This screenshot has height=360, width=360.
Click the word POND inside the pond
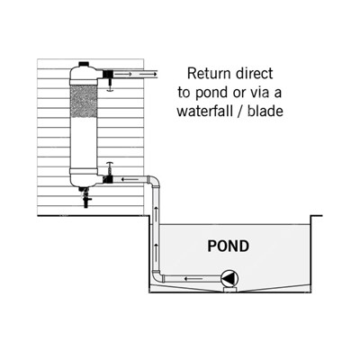[229, 246]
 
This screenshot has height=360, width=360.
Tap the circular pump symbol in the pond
[229, 279]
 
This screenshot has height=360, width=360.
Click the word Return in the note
[209, 74]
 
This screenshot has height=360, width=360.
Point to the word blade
[265, 112]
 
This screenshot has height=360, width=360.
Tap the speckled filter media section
[84, 101]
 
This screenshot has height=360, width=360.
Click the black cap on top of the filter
[84, 64]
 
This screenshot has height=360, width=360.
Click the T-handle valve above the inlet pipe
[110, 168]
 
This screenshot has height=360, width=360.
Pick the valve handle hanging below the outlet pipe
[110, 85]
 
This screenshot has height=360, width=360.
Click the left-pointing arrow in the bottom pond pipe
[193, 279]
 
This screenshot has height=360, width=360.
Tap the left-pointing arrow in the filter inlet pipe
[130, 180]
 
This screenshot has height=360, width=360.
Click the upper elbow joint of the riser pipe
[154, 181]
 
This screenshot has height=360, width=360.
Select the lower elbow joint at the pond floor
[157, 276]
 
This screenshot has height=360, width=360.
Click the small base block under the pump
[229, 290]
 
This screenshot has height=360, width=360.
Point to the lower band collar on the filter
[84, 172]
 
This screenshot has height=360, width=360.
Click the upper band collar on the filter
[84, 81]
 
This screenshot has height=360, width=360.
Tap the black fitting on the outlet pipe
[107, 74]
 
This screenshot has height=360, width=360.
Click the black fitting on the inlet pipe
[107, 179]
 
